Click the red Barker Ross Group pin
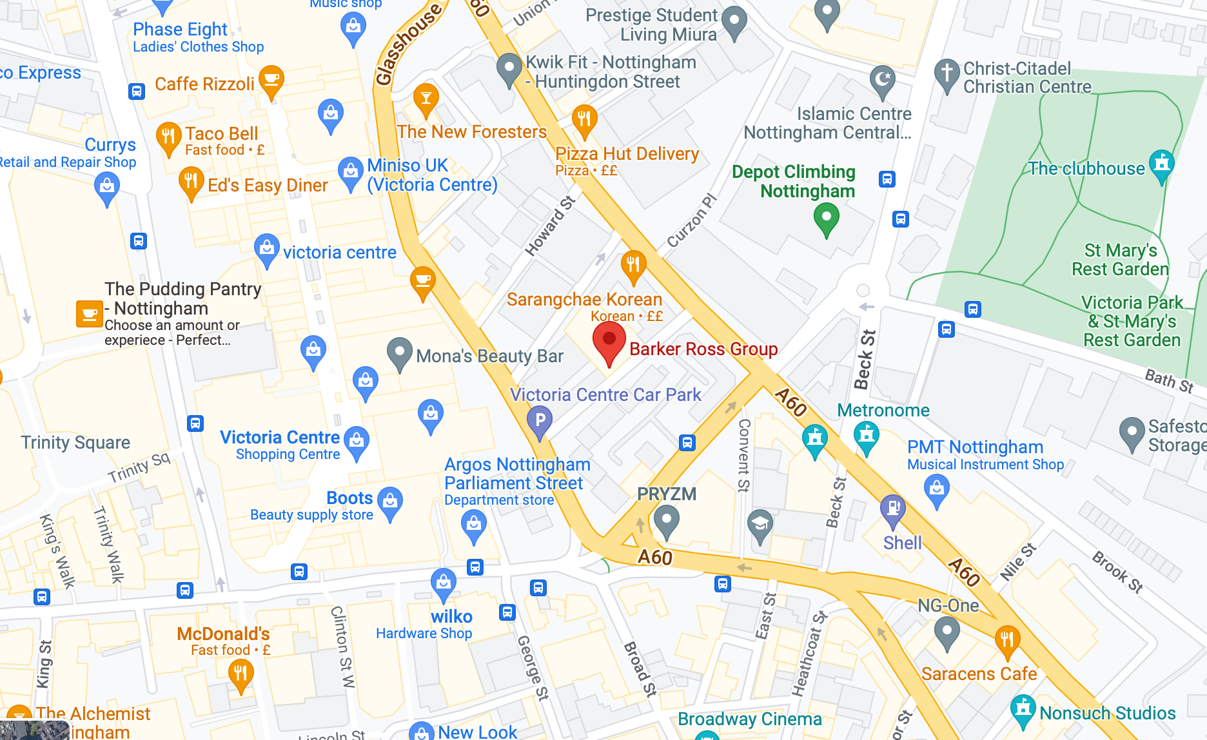609,341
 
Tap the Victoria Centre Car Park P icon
540,421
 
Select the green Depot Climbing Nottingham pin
826,218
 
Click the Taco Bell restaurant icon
168,137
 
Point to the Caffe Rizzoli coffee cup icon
271,80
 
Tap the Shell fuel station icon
893,509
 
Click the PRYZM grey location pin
666,519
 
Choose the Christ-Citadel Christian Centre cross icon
947,72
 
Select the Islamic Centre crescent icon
882,80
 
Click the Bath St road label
1168,380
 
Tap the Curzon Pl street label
691,220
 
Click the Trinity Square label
75,442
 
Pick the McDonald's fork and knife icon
240,674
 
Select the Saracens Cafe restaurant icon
1006,640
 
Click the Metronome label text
883,410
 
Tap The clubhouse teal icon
1161,163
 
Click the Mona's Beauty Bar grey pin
399,352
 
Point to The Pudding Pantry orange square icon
90,314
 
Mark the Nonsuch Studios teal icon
1023,708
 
